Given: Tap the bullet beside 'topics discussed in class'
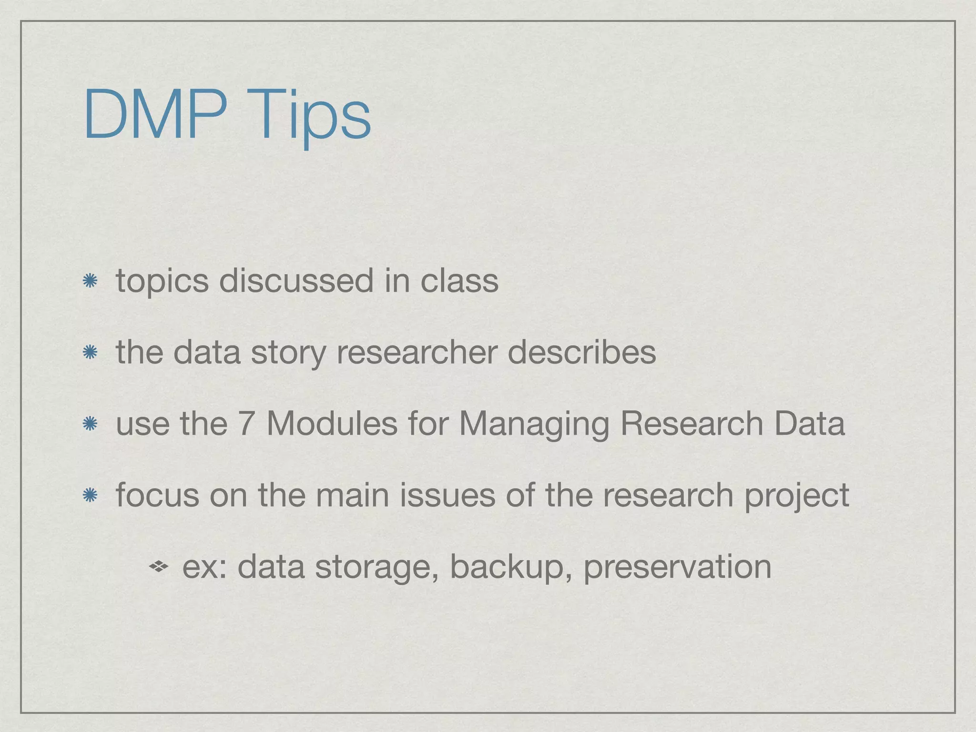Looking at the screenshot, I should point(90,281).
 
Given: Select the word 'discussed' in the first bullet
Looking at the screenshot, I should point(296,281).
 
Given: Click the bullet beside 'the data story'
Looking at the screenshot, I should point(90,353).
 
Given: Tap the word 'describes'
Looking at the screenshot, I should point(581,352).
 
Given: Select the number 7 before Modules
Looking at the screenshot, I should point(245,424).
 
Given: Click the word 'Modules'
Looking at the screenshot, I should point(332,424).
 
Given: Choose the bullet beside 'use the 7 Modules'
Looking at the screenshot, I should point(90,424).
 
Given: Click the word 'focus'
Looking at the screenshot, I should point(157,495).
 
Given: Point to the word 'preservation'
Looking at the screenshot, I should point(677,568).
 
